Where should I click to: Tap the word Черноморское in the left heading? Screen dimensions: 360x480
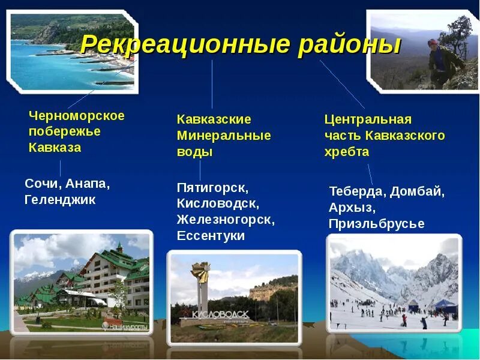point(76,116)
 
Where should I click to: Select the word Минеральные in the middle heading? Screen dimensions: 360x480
point(224,136)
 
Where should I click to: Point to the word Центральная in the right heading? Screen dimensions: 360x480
point(368,119)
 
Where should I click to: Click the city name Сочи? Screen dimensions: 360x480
point(42,183)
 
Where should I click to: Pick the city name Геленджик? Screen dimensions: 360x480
point(60,200)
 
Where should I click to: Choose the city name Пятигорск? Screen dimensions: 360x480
point(212,187)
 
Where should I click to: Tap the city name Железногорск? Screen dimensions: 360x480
point(225,220)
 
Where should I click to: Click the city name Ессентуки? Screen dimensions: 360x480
point(211,236)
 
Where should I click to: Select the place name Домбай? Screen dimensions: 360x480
point(418,192)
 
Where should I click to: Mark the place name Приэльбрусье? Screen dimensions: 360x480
point(376,224)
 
